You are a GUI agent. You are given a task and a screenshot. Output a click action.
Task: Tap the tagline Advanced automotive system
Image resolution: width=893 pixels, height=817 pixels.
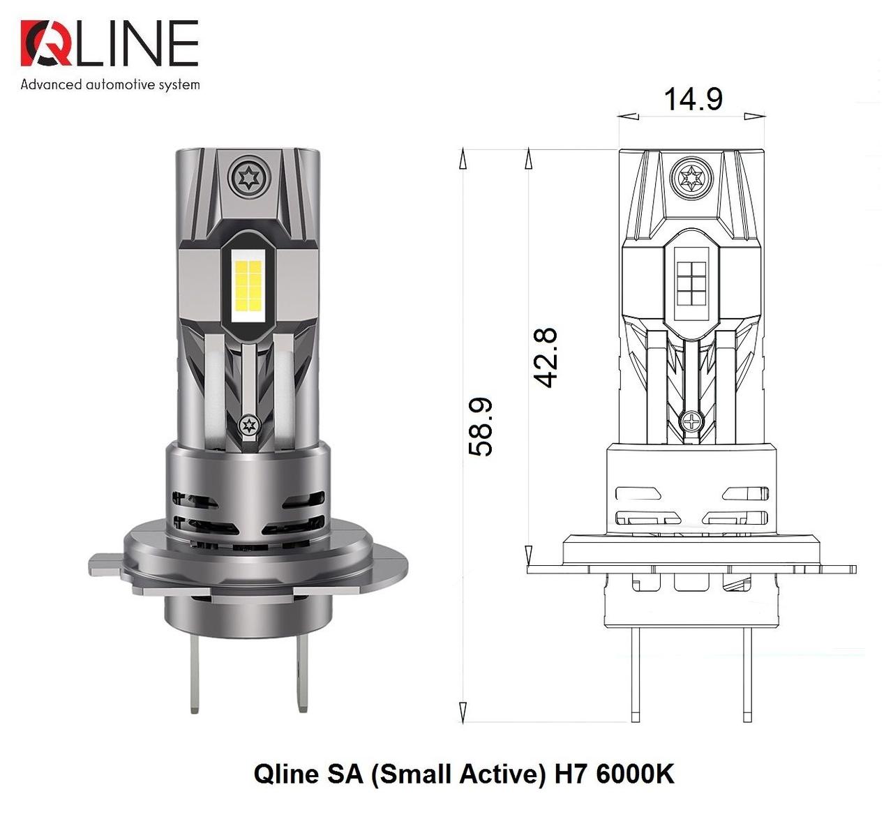[x=110, y=85]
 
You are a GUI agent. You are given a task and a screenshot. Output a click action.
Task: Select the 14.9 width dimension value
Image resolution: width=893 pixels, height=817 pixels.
[x=692, y=99]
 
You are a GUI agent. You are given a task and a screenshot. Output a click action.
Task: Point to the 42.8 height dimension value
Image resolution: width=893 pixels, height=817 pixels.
[x=546, y=357]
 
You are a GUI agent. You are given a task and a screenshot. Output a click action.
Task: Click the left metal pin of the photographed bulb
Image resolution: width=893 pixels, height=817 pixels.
[x=195, y=670]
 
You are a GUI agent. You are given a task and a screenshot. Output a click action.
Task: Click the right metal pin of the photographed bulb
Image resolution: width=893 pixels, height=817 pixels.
[x=301, y=670]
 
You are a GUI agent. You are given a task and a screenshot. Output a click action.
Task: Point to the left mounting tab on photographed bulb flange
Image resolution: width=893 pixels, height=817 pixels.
[x=105, y=562]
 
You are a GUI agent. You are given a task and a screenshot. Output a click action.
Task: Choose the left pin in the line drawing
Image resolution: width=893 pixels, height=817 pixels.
[x=635, y=673]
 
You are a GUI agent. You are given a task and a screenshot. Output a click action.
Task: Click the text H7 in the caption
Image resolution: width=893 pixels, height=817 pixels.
[x=571, y=774]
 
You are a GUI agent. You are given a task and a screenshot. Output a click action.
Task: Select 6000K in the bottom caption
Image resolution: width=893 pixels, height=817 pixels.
[x=636, y=774]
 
